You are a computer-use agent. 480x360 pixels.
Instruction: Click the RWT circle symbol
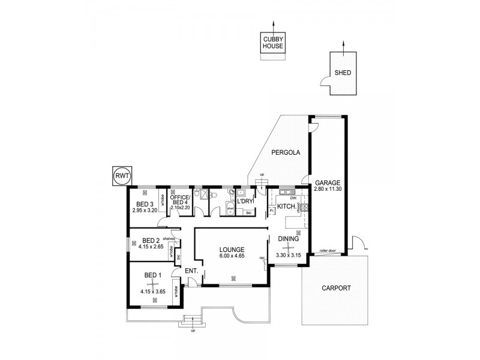click(122, 175)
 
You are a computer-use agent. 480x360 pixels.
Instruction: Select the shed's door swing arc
click(325, 82)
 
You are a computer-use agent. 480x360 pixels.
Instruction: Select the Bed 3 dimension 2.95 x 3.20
click(145, 211)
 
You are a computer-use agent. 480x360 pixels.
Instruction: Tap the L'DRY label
click(245, 201)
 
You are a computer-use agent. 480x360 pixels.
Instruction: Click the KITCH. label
click(286, 206)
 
